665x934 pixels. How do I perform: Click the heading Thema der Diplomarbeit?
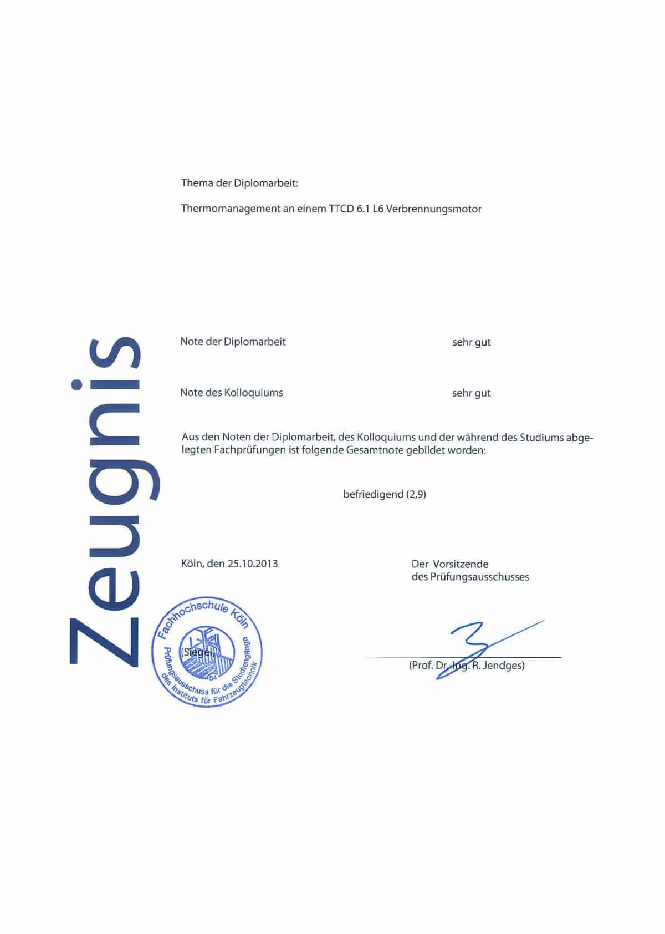pos(239,183)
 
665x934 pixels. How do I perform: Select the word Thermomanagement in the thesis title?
pos(231,209)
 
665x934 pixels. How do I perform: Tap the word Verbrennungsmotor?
pos(433,209)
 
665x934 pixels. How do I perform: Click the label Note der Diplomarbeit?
pos(233,342)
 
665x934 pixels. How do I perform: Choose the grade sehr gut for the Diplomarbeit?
pos(471,342)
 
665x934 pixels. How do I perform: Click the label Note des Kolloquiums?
pos(231,393)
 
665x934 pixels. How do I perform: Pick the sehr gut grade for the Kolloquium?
pos(471,393)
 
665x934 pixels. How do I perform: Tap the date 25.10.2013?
pos(252,564)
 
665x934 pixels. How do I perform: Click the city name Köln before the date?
pos(192,564)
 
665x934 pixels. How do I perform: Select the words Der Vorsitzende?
pos(449,564)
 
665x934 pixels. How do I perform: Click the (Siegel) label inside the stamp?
pos(197,652)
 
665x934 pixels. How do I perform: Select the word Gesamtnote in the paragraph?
pos(376,450)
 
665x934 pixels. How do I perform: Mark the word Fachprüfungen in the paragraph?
pos(241,450)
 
